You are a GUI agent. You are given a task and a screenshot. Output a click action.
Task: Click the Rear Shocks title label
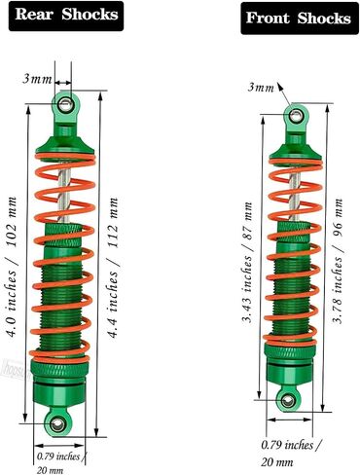click(x=66, y=16)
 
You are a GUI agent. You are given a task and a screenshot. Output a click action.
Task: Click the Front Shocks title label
click(x=300, y=18)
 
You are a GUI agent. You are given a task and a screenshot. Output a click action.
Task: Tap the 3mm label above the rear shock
click(x=37, y=79)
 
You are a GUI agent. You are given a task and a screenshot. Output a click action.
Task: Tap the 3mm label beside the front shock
click(x=261, y=88)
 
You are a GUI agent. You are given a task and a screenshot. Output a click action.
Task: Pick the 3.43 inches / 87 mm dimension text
click(x=248, y=263)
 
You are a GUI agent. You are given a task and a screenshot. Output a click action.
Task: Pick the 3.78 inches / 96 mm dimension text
click(x=339, y=261)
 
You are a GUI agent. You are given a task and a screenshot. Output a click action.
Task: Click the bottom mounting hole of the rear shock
click(x=58, y=423)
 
